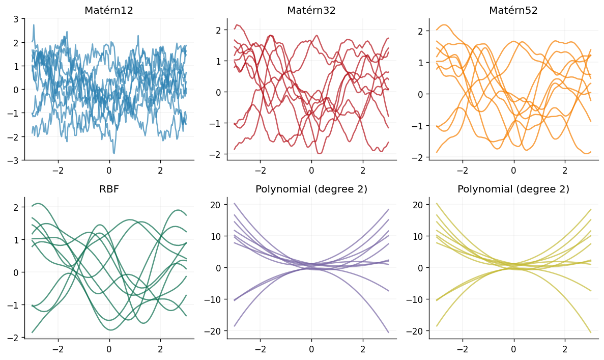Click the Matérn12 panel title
point(109,10)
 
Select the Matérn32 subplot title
point(311,10)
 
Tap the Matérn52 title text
point(513,10)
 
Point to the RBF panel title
point(109,189)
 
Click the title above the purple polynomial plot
point(311,189)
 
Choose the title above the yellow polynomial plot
point(513,189)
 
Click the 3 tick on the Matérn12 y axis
point(16,19)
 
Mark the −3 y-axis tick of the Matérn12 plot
point(14,160)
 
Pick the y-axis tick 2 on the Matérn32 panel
point(218,30)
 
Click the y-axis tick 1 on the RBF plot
point(16,240)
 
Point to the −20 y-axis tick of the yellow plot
point(416,331)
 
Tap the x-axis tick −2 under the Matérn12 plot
point(57,170)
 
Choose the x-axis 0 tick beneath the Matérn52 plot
point(513,170)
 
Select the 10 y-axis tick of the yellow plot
point(418,236)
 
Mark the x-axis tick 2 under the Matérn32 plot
point(362,170)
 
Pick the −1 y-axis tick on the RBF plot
point(14,305)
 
